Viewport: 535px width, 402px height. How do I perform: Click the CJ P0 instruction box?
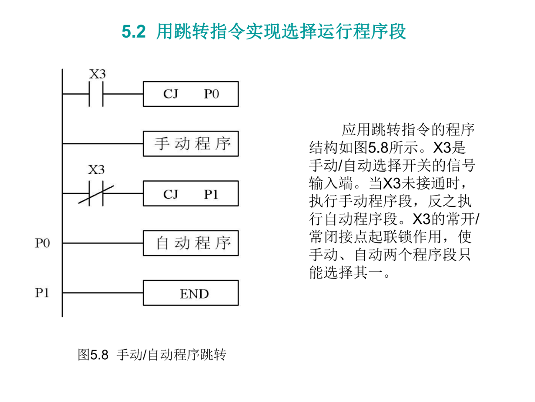(191, 94)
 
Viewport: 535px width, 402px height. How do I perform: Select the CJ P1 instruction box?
(191, 193)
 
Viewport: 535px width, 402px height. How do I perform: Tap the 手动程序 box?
(191, 144)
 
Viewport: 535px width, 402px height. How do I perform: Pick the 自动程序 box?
(191, 243)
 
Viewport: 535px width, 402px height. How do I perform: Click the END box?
(191, 293)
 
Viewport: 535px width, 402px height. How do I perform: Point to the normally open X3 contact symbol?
(96, 94)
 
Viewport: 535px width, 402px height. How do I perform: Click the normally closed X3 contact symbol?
(96, 193)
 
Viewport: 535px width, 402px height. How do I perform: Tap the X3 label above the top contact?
(97, 74)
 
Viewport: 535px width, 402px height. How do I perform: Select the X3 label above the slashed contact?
(96, 170)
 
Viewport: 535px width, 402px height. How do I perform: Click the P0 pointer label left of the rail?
(42, 243)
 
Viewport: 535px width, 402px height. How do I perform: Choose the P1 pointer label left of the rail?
(42, 293)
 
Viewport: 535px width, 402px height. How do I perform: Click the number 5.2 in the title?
(133, 32)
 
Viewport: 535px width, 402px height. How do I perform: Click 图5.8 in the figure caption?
(93, 355)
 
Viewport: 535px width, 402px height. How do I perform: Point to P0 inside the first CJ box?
(211, 94)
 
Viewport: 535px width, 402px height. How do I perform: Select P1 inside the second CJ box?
(211, 194)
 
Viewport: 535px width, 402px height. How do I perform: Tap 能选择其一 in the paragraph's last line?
(345, 273)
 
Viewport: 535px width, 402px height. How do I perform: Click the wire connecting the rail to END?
(102, 293)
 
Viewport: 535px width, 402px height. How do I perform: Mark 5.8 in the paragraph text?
(378, 147)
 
